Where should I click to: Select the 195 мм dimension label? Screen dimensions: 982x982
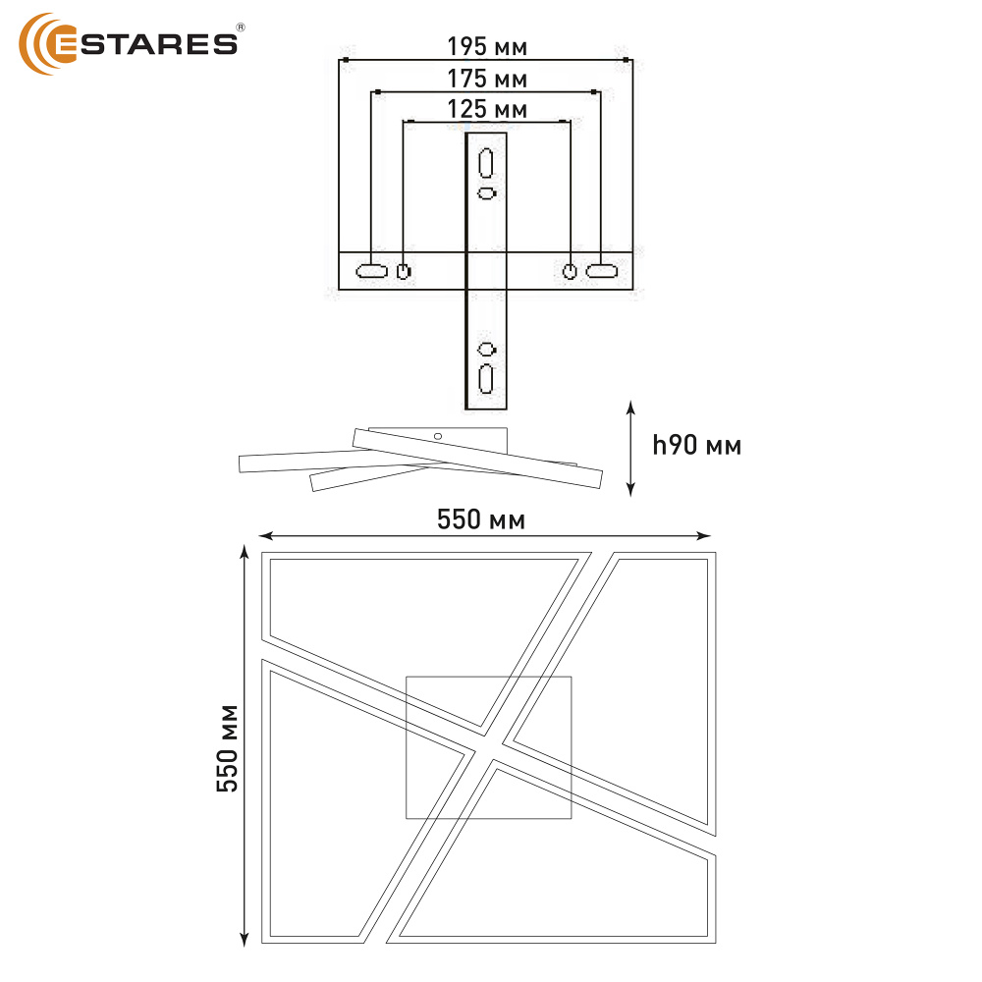coord(487,46)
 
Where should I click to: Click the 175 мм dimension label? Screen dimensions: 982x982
coord(487,79)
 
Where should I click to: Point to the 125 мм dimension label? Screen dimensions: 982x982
coord(487,109)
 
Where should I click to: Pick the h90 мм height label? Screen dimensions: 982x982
coord(696,445)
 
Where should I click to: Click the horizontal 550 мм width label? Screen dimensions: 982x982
coord(481,519)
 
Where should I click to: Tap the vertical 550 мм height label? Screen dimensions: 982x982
coord(228,749)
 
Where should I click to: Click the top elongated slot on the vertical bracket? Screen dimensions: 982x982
coord(486,163)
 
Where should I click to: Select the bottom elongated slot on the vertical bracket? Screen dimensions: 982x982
coord(486,379)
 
